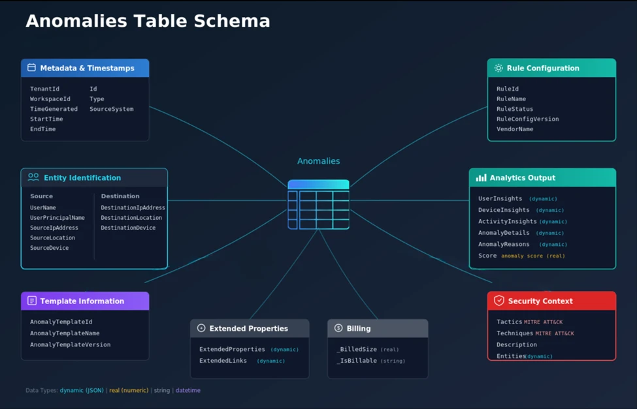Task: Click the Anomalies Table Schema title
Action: [x=148, y=21]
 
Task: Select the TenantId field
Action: [x=44, y=89]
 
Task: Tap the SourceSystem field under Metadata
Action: [x=111, y=109]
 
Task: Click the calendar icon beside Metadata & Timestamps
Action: [x=31, y=68]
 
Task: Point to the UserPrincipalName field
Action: [x=57, y=218]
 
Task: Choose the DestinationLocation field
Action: [x=131, y=218]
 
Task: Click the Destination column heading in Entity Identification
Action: [x=120, y=196]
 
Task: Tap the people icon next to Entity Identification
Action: [x=33, y=177]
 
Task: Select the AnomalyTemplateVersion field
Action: [x=70, y=344]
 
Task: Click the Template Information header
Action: [x=82, y=301]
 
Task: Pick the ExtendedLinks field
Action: [x=223, y=361]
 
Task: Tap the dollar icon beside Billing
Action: [x=338, y=328]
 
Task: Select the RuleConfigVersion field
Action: [x=527, y=119]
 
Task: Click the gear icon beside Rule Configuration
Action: [x=498, y=68]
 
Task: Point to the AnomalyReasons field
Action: [x=504, y=244]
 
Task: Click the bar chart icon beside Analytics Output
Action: [x=481, y=177]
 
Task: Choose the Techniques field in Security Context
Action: [x=515, y=333]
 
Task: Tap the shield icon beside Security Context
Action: [x=499, y=301]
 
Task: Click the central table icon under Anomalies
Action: [x=318, y=205]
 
